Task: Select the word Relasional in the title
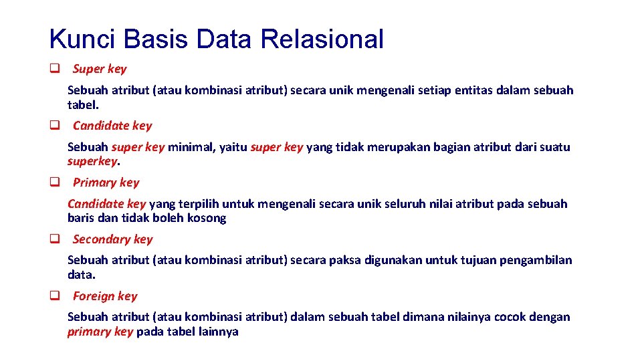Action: [x=322, y=39]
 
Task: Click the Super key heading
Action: [x=99, y=69]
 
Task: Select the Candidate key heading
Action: [x=112, y=126]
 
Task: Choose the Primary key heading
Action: [x=106, y=183]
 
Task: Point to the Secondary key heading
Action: [x=112, y=239]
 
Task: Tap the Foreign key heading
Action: [x=104, y=296]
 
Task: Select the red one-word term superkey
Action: [x=92, y=161]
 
